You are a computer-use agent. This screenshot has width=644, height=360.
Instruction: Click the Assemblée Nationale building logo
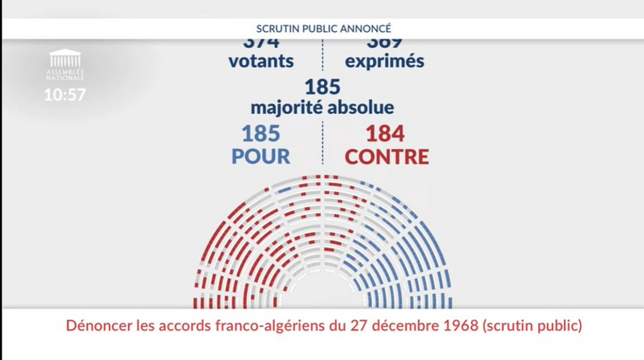point(65,59)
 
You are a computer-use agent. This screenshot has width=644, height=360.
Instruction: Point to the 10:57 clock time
point(65,94)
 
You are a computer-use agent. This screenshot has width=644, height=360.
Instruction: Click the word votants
point(261,61)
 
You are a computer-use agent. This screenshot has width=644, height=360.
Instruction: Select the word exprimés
point(385,61)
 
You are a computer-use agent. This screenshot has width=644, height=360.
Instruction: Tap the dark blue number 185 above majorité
point(323,87)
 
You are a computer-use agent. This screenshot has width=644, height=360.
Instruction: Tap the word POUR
point(261,156)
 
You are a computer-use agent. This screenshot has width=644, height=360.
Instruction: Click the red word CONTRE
point(387,156)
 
